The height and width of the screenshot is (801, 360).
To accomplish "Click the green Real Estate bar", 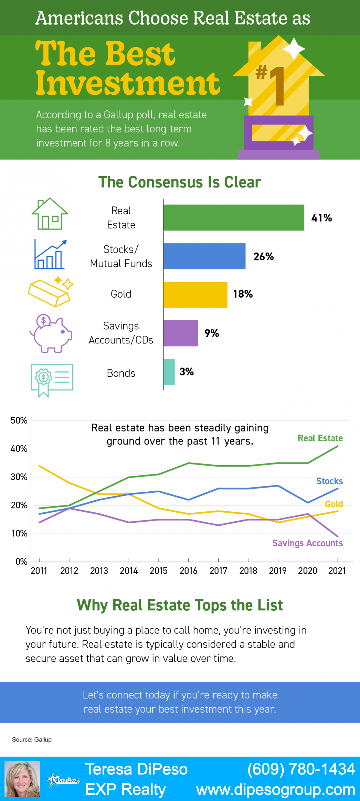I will click(x=234, y=217).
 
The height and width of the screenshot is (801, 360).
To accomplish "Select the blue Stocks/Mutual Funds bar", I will click(x=204, y=256).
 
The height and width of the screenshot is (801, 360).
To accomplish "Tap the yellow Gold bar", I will click(x=195, y=295).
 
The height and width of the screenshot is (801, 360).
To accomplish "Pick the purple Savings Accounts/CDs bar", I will click(x=180, y=333).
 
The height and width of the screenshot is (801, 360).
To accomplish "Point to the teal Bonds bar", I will click(x=169, y=372).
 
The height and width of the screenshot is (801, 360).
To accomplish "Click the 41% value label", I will click(x=321, y=218).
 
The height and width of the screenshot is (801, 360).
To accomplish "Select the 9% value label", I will click(x=212, y=333).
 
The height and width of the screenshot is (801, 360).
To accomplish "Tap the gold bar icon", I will click(x=50, y=292).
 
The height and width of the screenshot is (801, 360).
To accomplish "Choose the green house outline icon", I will click(x=50, y=214).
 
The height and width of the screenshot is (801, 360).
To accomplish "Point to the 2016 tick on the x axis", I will click(x=188, y=571).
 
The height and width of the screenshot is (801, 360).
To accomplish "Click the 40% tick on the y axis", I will click(x=19, y=449).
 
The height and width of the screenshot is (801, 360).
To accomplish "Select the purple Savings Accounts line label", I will click(x=307, y=543).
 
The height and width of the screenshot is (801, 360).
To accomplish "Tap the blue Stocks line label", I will click(x=329, y=481).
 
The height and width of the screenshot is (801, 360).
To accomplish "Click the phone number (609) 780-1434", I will click(x=301, y=769).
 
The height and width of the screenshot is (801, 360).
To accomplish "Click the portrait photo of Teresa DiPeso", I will click(x=22, y=779).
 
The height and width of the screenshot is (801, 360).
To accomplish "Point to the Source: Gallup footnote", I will click(x=32, y=739).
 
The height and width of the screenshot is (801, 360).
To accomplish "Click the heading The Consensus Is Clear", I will click(x=180, y=182).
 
